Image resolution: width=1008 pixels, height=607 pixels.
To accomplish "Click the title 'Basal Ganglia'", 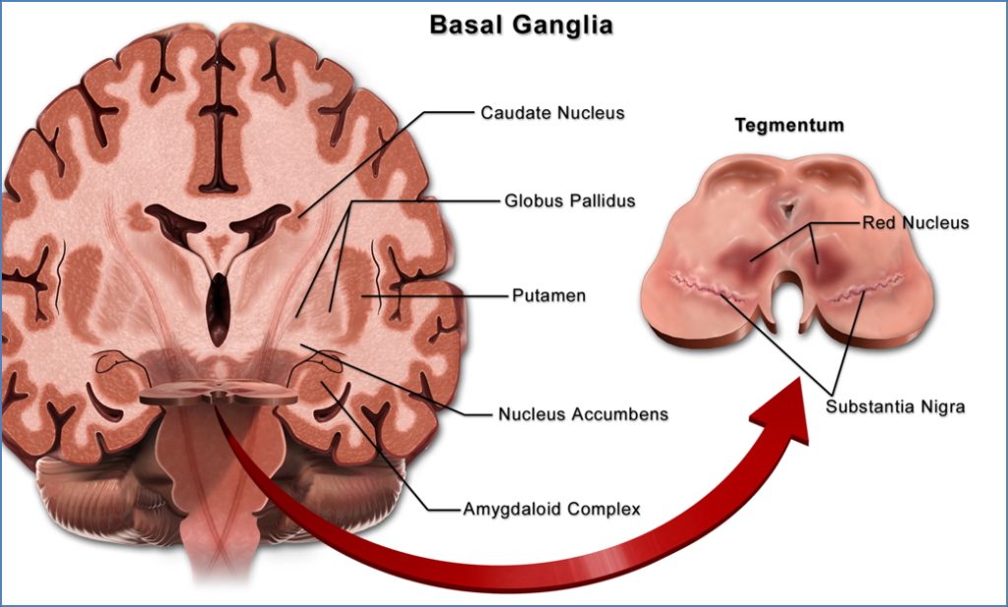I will point(521,25).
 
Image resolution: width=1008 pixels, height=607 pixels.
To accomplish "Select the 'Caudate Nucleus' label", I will point(552,113).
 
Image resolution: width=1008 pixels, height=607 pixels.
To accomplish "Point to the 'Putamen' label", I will point(548,295).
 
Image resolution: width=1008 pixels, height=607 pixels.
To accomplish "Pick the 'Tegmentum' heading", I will point(789,127).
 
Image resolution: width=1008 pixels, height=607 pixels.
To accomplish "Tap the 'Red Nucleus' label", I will point(915,223).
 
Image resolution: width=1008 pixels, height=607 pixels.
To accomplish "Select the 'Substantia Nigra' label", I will point(895,406).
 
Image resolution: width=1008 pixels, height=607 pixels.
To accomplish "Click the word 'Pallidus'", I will point(601,201).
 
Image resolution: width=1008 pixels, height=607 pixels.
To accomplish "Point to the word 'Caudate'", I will point(513,113).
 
